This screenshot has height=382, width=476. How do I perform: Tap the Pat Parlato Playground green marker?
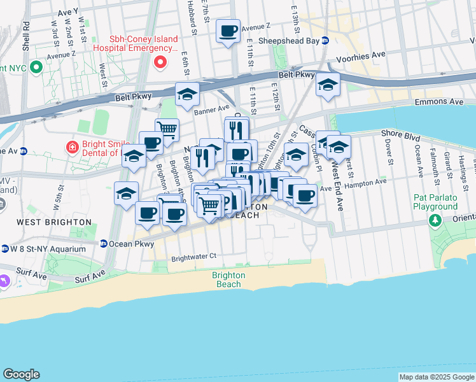(435, 220)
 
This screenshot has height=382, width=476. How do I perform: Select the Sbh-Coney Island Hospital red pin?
(160, 62)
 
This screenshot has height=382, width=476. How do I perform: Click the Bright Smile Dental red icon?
(73, 147)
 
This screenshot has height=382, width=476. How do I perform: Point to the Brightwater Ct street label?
(194, 257)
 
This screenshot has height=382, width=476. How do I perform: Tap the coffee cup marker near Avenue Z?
(228, 31)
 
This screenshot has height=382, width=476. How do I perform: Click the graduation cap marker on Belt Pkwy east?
(328, 85)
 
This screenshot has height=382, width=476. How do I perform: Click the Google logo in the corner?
(22, 374)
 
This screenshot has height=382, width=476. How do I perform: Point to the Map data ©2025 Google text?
(437, 377)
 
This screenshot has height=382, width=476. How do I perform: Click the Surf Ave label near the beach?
(90, 278)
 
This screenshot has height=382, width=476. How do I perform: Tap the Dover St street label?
(388, 151)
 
